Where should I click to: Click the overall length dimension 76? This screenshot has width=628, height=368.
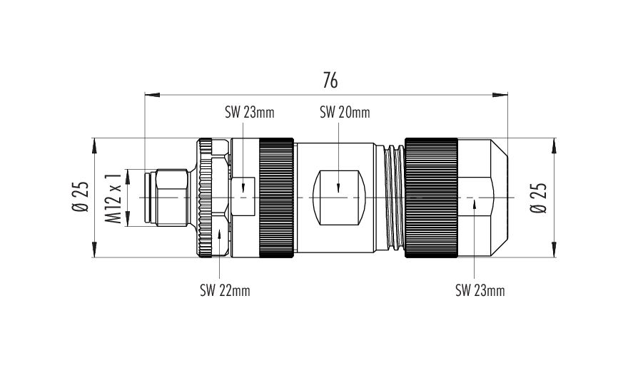330,81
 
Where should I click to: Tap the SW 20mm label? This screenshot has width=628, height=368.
345,113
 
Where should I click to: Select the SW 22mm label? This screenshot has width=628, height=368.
225,290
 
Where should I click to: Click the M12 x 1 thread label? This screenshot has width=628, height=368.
113,198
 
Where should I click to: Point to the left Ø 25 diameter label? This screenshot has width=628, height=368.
80,197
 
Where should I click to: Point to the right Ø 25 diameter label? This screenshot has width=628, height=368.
538,198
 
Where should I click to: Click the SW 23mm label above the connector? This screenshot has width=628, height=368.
250,113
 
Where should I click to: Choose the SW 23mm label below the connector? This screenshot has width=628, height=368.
480,290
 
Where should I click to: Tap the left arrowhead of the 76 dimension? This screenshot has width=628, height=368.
152,95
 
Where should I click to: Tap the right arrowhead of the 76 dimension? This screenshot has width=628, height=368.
500,95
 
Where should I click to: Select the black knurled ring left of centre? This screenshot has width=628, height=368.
276,198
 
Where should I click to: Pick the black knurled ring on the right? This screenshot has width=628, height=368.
431,198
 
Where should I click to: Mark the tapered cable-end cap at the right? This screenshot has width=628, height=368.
483,198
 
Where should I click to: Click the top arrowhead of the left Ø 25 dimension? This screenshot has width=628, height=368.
95,145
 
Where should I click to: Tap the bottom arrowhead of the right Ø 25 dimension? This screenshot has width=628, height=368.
554,250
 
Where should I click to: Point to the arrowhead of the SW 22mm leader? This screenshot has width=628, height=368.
220,233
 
